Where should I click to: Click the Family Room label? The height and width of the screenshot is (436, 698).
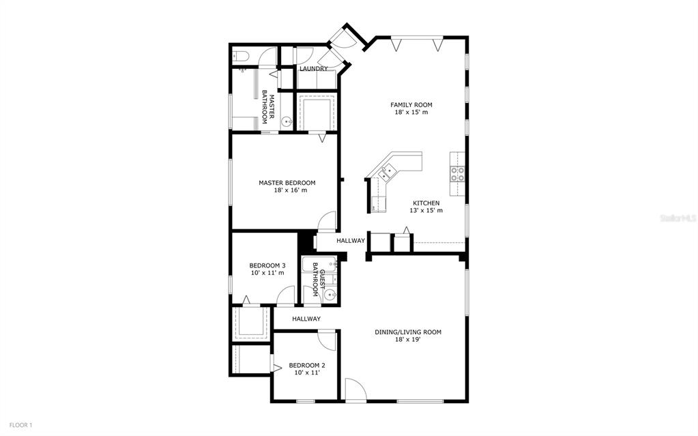point(411,105)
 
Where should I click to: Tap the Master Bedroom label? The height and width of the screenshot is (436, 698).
point(287,183)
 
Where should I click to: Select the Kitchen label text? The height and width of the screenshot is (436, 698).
point(426,203)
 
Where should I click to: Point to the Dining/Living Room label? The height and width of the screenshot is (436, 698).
point(408,332)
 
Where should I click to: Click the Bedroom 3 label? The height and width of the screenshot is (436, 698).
point(267,265)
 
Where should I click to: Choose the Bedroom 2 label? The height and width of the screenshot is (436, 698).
point(307,366)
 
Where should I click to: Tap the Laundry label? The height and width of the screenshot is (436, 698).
point(313,69)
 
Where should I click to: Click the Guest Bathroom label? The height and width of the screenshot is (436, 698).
point(319,282)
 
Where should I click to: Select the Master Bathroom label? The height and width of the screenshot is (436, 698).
point(267,107)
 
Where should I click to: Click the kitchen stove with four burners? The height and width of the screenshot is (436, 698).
point(458,174)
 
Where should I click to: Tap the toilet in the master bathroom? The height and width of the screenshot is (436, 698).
point(239,57)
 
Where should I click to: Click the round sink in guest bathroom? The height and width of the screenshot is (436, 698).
point(330,294)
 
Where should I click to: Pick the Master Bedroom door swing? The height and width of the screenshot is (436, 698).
point(328,220)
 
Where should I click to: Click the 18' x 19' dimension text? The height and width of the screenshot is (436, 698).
point(408,339)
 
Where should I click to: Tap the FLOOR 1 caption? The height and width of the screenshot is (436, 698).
point(21,425)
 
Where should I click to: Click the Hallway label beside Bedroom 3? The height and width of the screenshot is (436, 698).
point(306,319)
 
